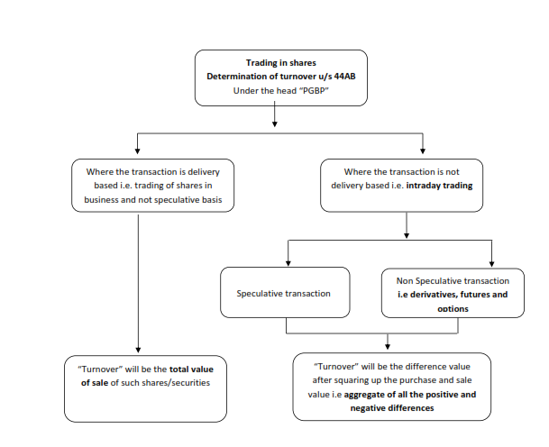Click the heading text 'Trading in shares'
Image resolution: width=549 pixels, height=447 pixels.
coord(280,63)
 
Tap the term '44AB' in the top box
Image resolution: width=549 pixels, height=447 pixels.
coord(345,77)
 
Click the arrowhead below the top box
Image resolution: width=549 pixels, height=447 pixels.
coord(274,123)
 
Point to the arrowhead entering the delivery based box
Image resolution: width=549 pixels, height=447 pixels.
coord(137,151)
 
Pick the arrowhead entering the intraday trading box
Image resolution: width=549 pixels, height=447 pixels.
coord(423,151)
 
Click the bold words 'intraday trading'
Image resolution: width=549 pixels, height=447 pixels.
coord(439,186)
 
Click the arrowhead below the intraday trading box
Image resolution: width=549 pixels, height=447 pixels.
coord(407,235)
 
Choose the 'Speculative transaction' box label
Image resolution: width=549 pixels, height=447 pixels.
coord(283,293)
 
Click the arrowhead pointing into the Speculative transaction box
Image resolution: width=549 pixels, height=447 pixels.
coord(288,263)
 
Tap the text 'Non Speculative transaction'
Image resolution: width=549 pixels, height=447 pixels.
coord(453,281)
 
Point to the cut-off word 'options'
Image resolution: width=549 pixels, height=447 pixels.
coord(453,309)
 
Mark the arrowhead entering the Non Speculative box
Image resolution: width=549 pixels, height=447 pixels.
coord(491,263)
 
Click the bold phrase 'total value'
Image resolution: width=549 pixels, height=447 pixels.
coord(191,369)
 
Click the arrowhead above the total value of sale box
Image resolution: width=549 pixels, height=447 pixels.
coord(138,350)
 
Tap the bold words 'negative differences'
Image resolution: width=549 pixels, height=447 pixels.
coord(392,408)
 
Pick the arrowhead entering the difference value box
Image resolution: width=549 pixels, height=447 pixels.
coord(388,347)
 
